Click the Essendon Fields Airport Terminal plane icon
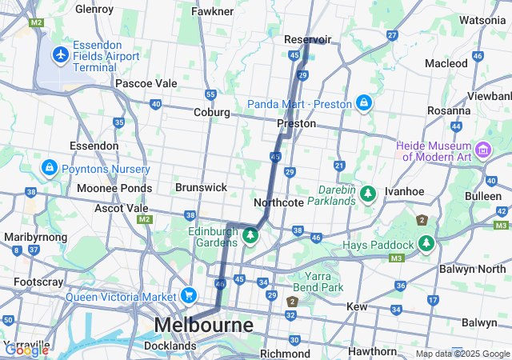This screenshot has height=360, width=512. tap(60, 54)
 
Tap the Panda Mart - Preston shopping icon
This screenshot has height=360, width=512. tap(364, 102)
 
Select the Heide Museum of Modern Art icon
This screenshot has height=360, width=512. tap(483, 150)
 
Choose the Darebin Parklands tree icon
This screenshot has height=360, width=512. tap(367, 193)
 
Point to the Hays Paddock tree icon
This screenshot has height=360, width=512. tap(426, 243)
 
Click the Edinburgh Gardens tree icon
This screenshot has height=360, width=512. tap(250, 235)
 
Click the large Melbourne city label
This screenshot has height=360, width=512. tap(203, 326)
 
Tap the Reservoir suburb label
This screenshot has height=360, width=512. tap(308, 39)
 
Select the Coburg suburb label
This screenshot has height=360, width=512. tap(212, 113)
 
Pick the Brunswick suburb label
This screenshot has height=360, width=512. tap(202, 186)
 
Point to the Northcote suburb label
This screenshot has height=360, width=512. tap(278, 202)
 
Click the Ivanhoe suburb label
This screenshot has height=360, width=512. tap(404, 192)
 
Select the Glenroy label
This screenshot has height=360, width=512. tap(94, 10)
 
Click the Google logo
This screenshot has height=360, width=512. tap(26, 350)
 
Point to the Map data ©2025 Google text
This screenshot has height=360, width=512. tap(462, 354)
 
